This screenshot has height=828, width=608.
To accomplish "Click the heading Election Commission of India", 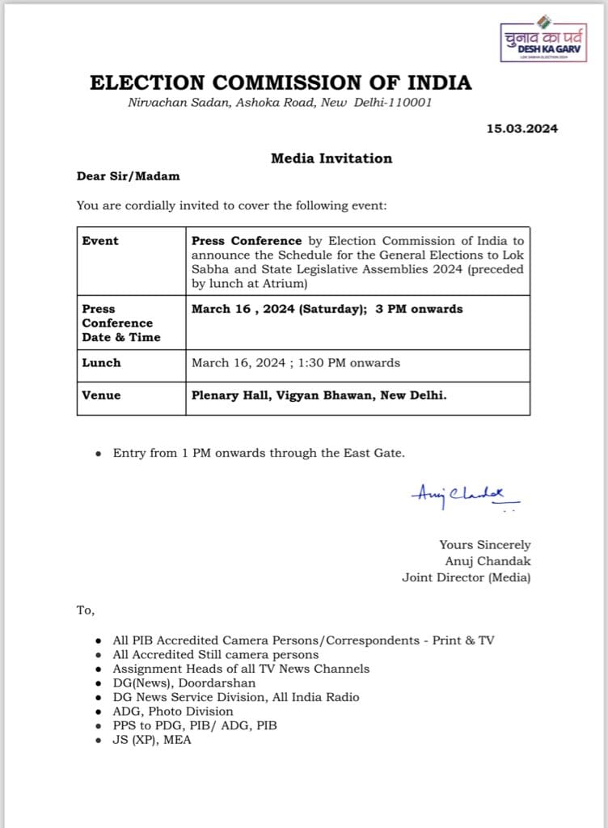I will point(281,82).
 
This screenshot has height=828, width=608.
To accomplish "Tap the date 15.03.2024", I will point(521,128).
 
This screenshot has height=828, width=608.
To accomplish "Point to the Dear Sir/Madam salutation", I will point(129,176).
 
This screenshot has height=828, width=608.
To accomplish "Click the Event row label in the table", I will point(100,241).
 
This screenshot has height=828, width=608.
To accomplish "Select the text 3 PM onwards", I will point(419,309).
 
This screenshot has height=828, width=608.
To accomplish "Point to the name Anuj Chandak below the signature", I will point(488,561).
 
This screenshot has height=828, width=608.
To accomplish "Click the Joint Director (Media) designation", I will point(467,577).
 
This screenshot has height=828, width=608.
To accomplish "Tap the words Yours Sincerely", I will point(485,545).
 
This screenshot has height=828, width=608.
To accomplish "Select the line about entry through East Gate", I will point(259,453).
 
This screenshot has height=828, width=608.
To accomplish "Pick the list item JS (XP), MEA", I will point(152,739).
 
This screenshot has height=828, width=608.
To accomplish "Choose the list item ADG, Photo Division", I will point(173,711).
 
